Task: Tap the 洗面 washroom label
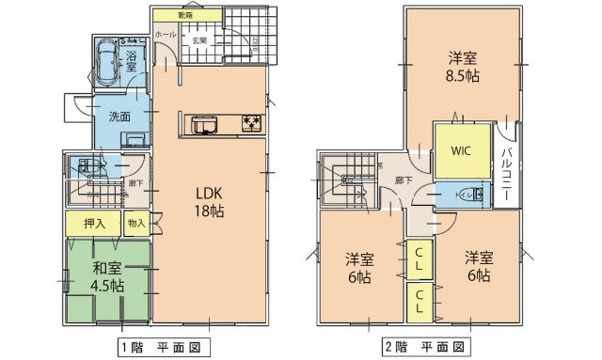pyautogui.click(x=119, y=117)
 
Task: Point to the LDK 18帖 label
pyautogui.click(x=209, y=201)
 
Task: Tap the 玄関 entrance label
pyautogui.click(x=200, y=40)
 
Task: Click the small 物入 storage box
pyautogui.click(x=135, y=223)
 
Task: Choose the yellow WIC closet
pyautogui.click(x=461, y=150)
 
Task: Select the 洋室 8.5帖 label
pyautogui.click(x=461, y=60)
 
